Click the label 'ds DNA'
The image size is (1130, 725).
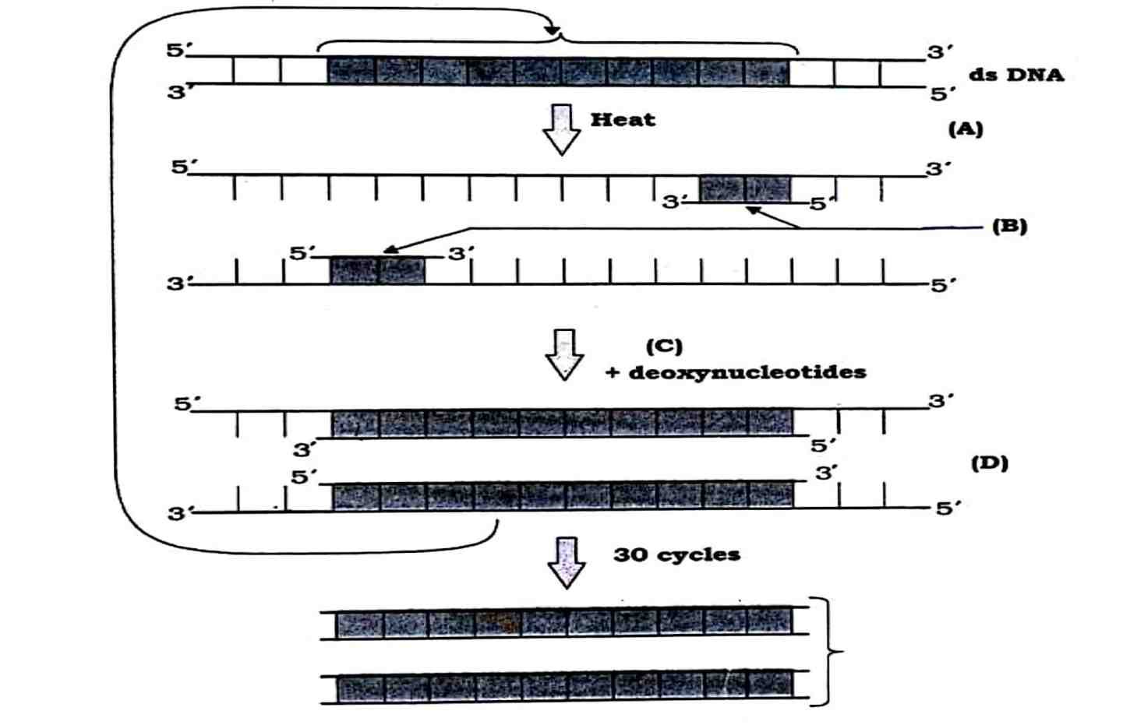point(1016,76)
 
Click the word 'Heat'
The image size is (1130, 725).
point(622,120)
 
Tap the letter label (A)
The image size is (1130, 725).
point(966,128)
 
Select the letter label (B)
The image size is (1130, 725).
point(1009,227)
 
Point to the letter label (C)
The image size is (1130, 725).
point(664,346)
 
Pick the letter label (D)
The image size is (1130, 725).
point(989,463)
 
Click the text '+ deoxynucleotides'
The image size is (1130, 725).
point(736,372)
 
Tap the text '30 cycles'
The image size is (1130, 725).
point(676,555)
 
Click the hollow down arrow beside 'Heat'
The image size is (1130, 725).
point(562,129)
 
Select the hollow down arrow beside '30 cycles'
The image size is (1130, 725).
point(566,561)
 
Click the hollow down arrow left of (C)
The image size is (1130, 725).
point(563,354)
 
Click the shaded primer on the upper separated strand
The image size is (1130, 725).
point(745,189)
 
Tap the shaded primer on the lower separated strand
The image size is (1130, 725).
point(377,270)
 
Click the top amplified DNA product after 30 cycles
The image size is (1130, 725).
point(564,623)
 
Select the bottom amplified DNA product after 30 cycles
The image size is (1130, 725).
point(564,688)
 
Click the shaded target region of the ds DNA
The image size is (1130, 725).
point(557,71)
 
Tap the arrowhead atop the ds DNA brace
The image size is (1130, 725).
point(553,31)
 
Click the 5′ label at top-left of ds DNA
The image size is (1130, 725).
point(176,51)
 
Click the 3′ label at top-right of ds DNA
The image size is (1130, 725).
point(938,53)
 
